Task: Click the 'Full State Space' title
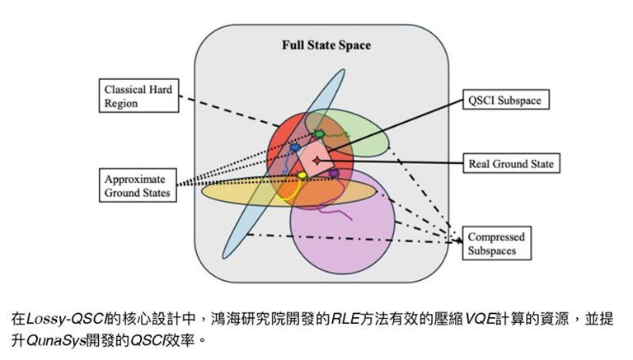[x=321, y=45]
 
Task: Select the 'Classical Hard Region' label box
[x=138, y=96]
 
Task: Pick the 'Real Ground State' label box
[x=510, y=164]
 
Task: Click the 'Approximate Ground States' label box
[x=138, y=186]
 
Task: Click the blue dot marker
[x=295, y=148]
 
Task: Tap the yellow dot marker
[x=302, y=175]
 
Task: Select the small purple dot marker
[x=334, y=173]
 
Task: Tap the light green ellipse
[x=363, y=132]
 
